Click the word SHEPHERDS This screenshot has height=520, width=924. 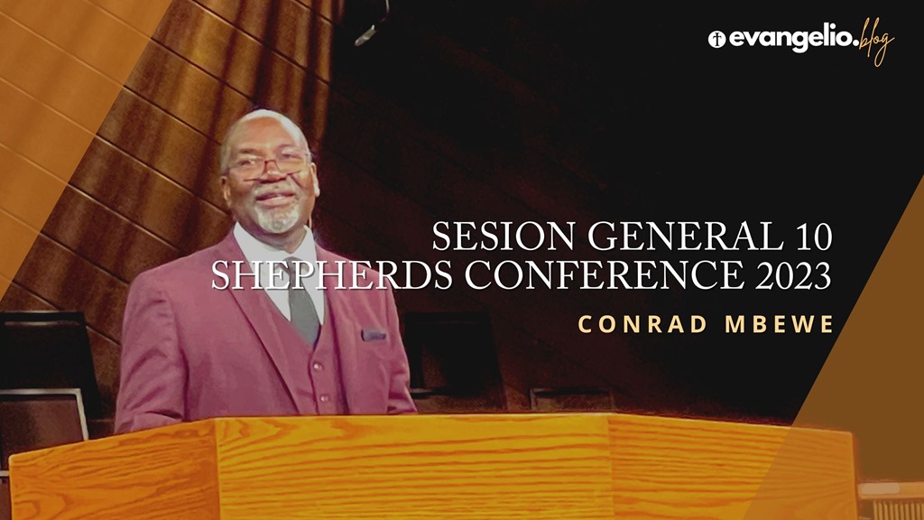pos(332,274)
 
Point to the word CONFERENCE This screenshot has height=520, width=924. pos(604,274)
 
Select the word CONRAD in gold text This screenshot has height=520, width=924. pos(642,324)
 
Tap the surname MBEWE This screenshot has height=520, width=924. pos(779,324)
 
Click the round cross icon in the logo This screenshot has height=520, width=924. pos(716,40)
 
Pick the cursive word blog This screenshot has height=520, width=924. pos(876,42)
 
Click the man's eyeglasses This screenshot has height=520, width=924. pos(268,165)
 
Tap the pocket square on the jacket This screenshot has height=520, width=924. pos(374,335)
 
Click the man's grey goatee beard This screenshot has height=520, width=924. pos(277,218)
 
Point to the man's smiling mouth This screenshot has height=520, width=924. pos(274,199)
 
